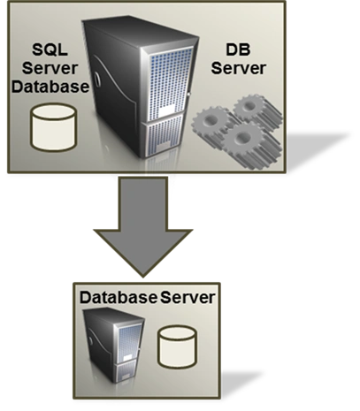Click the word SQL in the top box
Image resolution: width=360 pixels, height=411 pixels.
50,49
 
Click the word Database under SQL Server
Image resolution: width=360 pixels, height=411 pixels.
50,87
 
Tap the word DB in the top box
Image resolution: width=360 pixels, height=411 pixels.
238,49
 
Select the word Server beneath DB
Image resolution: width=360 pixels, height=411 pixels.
239,68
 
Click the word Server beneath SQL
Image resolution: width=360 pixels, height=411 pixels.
50,68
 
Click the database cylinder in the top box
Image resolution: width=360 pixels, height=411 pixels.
54,127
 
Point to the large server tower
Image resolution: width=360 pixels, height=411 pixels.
140,87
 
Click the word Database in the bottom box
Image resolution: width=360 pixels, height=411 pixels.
119,298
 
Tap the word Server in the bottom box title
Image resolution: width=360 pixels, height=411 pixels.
188,298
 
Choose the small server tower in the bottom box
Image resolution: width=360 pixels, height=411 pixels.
114,345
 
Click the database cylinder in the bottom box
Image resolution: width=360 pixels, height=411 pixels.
177,346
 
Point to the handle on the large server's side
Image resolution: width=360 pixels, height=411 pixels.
97,79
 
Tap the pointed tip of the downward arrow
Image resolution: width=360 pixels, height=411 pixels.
143,277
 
